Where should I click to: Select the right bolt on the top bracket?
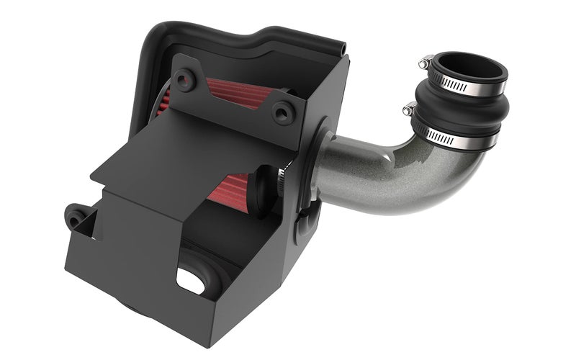(x=284, y=112)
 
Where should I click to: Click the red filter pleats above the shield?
(x=238, y=94)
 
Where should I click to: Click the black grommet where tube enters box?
(x=322, y=166)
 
